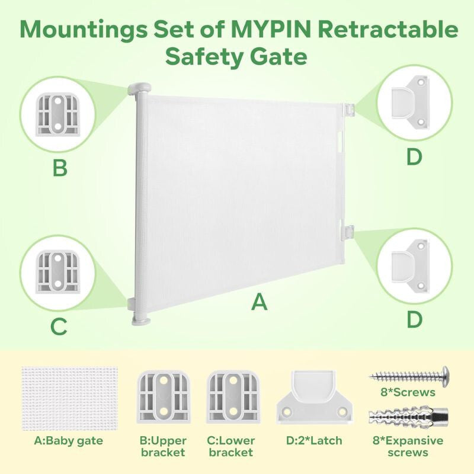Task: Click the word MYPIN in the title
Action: point(272,29)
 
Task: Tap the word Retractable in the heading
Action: point(388,29)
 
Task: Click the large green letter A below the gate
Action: point(260,302)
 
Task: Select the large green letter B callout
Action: point(60,168)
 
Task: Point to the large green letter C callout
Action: point(59,326)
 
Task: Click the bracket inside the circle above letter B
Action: point(57,115)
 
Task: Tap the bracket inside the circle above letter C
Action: point(57,271)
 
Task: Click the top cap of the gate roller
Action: point(139,88)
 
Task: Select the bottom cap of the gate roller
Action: point(141,321)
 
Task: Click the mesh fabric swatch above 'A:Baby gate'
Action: point(70,398)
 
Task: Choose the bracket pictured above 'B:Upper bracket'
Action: point(164,397)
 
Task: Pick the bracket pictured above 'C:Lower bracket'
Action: point(233,397)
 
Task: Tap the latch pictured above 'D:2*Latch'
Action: point(315,397)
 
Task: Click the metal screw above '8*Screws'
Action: point(409,376)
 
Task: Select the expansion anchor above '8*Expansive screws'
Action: point(408,417)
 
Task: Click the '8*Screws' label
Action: point(408,392)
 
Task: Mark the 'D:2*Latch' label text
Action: point(314,440)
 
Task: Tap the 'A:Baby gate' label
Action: point(69,441)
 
